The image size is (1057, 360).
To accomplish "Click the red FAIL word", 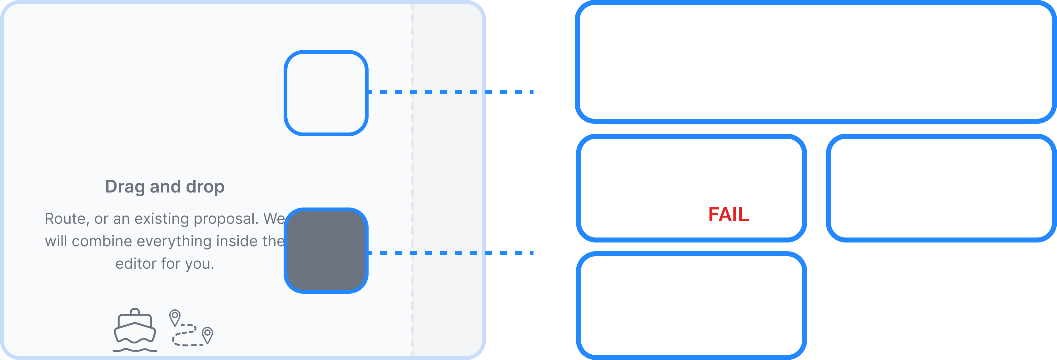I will tap(729, 214).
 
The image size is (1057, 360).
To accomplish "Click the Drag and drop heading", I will tap(165, 186).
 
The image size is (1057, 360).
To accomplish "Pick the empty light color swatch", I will tap(326, 93).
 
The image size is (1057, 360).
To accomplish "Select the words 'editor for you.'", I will tap(165, 263).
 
